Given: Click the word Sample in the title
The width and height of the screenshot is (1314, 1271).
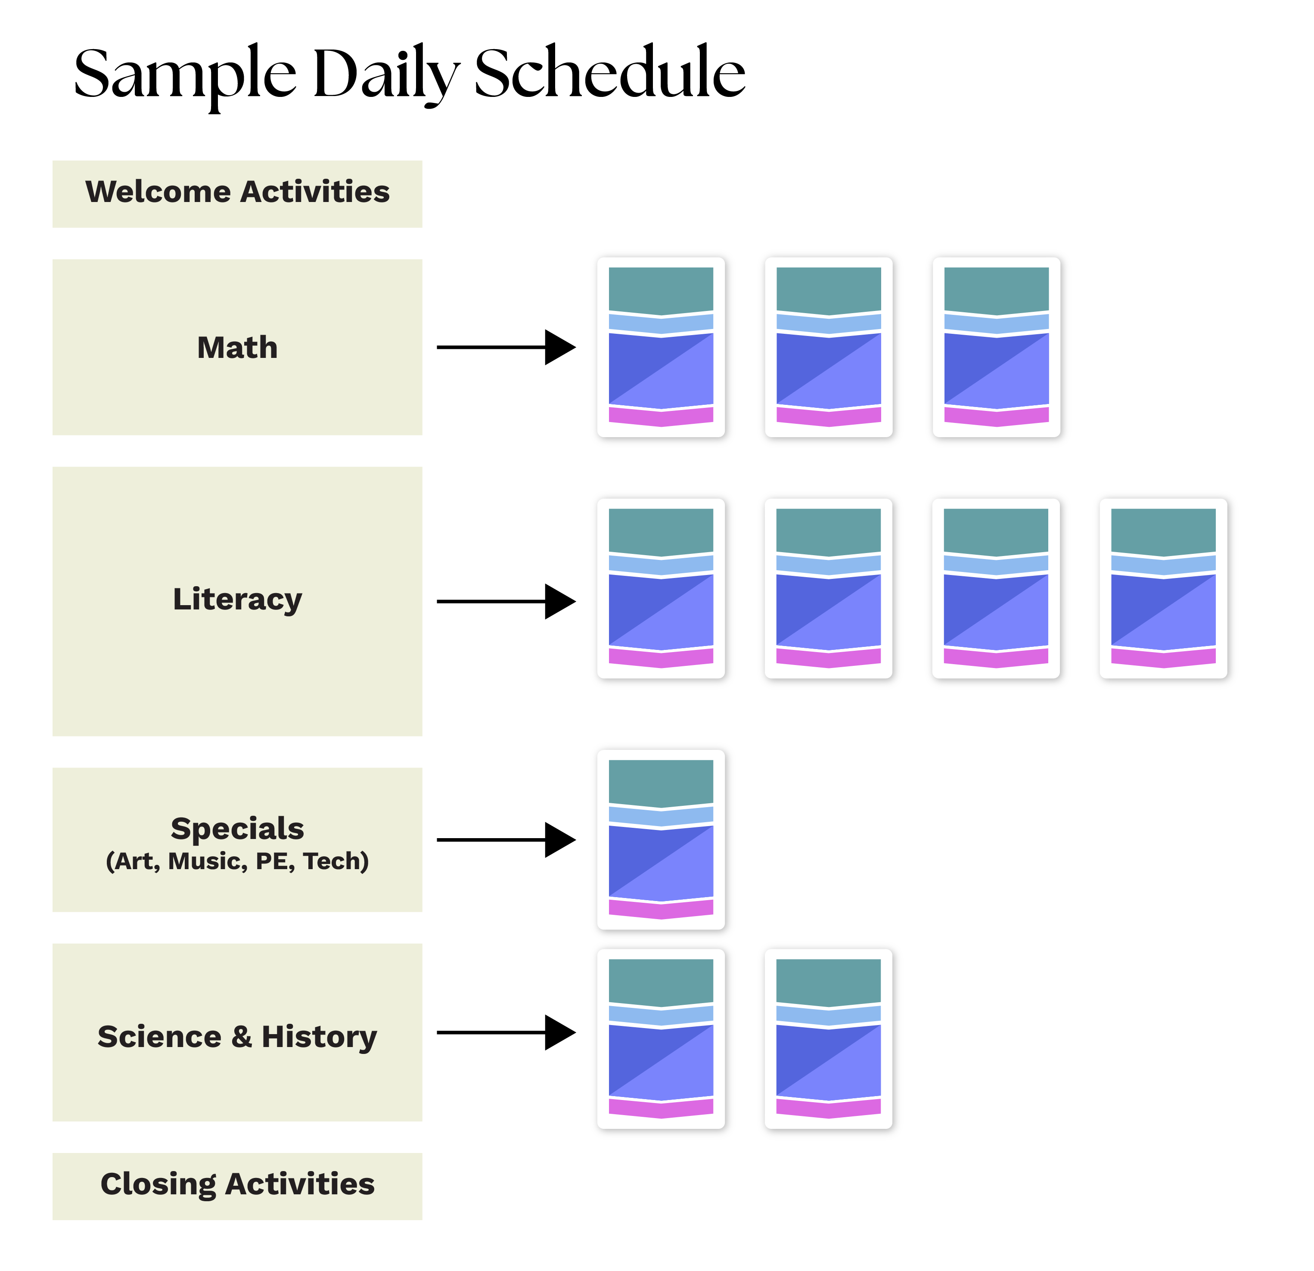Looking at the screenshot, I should click(184, 74).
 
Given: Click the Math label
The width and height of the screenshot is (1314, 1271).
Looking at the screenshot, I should click(237, 347).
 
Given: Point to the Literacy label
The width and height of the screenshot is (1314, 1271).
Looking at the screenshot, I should click(237, 599).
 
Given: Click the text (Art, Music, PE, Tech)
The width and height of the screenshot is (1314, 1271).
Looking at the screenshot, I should click(237, 861).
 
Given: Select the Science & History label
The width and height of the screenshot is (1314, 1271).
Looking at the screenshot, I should click(237, 1036).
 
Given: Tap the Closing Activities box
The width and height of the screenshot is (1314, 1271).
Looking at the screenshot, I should click(237, 1184).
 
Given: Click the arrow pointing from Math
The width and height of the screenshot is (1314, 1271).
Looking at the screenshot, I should click(506, 347).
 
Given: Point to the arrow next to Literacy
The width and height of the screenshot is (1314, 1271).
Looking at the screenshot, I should click(506, 601).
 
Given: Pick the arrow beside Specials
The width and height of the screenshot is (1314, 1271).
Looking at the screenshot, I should click(506, 839).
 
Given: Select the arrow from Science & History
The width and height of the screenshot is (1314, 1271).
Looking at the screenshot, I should click(506, 1032).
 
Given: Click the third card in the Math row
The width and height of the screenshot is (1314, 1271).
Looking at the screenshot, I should click(997, 348).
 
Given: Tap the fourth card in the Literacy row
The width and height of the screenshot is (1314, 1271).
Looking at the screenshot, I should click(1165, 589).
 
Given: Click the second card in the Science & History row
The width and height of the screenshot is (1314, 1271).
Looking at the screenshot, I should click(829, 1040).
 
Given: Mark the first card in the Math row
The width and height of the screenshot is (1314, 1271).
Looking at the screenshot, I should click(662, 348).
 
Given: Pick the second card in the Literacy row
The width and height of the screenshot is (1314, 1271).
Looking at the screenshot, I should click(829, 589).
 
